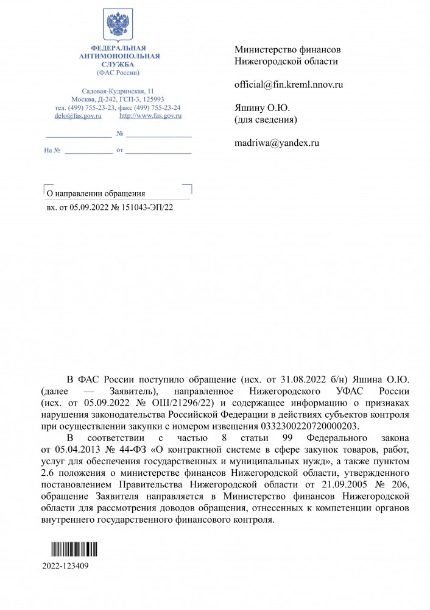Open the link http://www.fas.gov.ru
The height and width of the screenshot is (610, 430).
(151, 115)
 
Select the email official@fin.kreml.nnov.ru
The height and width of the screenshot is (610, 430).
(289, 85)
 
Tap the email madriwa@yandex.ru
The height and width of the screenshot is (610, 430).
(277, 143)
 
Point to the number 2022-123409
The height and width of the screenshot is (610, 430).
(66, 565)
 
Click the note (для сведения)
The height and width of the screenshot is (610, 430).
(266, 120)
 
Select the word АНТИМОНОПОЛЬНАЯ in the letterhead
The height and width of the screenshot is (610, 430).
(119, 56)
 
